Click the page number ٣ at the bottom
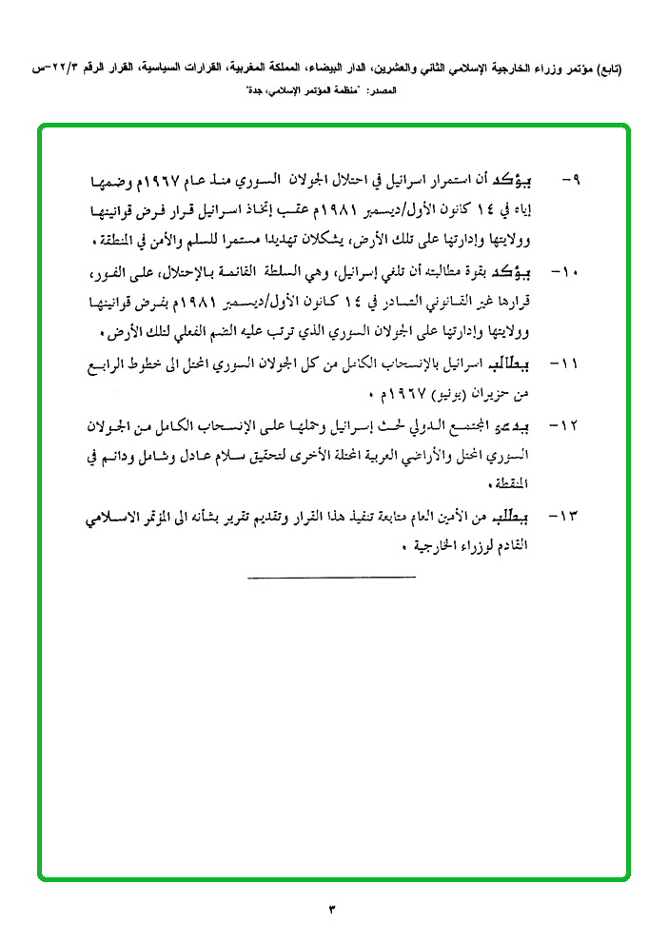(332, 909)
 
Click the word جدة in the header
(262, 92)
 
